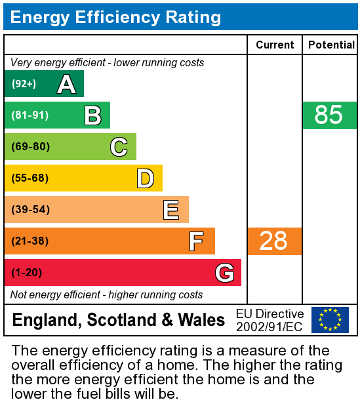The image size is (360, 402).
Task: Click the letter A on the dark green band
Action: coord(66,84)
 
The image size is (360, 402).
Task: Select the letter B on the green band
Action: coord(92,115)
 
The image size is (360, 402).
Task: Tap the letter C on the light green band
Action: coord(119,147)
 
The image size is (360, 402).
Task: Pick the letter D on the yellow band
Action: coord(145,178)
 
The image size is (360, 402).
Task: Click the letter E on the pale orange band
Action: coord(171,210)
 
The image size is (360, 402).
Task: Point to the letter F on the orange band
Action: coord(196,241)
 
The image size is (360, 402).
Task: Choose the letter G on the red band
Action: coord(224,273)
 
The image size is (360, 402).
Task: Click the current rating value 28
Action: coord(273,241)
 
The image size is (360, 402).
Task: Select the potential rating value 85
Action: coord(329,115)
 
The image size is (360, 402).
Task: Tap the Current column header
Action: coord(275,45)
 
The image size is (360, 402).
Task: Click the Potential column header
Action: coord(331,45)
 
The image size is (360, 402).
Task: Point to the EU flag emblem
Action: coord(330,320)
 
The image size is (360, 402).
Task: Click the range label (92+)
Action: coord(24,84)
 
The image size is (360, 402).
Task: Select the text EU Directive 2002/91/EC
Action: coord(270,320)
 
